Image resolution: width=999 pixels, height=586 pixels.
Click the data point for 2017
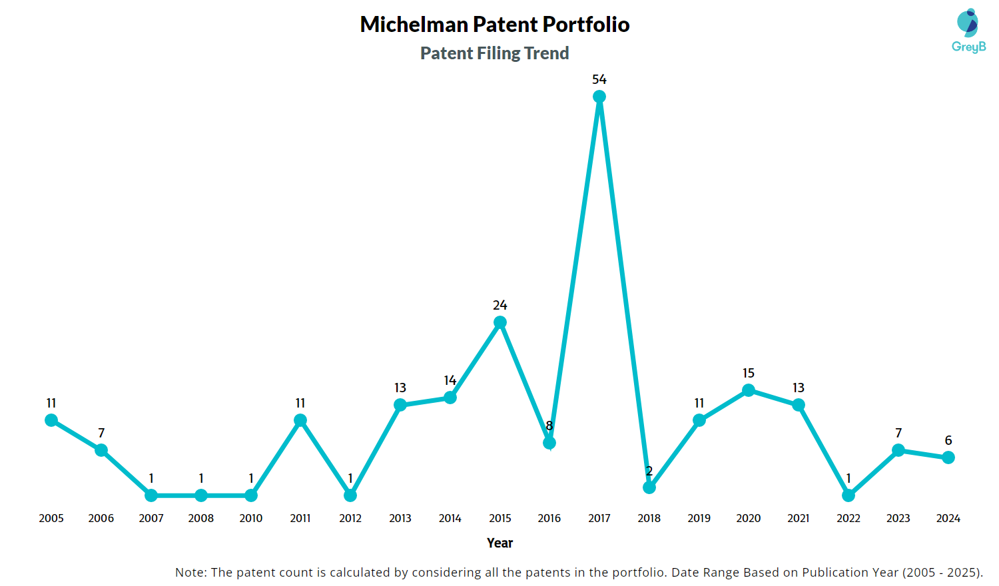pyautogui.click(x=599, y=97)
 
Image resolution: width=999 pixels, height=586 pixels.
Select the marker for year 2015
pyautogui.click(x=500, y=322)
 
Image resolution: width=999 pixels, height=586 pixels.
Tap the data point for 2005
pyautogui.click(x=51, y=420)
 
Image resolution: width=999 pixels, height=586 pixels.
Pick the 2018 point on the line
pyautogui.click(x=649, y=487)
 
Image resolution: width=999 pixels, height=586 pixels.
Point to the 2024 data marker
pyautogui.click(x=948, y=457)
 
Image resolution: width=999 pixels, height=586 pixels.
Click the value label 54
pyautogui.click(x=599, y=79)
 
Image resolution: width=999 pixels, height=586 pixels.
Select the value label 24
pyautogui.click(x=500, y=305)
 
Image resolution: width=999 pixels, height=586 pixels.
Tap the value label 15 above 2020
pyautogui.click(x=749, y=373)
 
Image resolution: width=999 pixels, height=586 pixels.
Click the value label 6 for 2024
pyautogui.click(x=948, y=440)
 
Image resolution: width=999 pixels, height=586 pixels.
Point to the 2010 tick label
pyautogui.click(x=251, y=518)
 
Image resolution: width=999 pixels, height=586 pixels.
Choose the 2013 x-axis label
pyautogui.click(x=400, y=518)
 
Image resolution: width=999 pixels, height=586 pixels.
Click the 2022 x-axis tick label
pyautogui.click(x=848, y=518)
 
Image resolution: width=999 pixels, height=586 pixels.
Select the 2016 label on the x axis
pyautogui.click(x=549, y=518)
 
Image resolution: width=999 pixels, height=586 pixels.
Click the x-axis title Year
pyautogui.click(x=500, y=543)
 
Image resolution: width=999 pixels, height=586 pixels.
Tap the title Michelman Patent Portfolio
pyautogui.click(x=495, y=25)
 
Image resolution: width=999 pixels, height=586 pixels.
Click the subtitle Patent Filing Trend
pyautogui.click(x=495, y=53)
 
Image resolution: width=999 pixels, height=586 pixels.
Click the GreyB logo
pyautogui.click(x=968, y=31)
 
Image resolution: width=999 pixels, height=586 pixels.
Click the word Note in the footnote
pyautogui.click(x=190, y=572)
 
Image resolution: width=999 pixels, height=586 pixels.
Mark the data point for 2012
pyautogui.click(x=350, y=495)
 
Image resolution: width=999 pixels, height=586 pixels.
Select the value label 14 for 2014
pyautogui.click(x=450, y=380)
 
